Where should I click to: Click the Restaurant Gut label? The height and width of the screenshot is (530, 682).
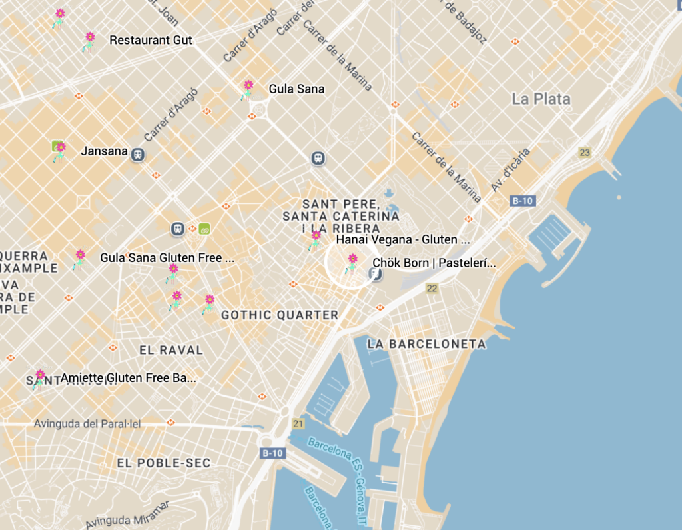coord(151,40)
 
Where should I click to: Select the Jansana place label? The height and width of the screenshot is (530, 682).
coord(104,151)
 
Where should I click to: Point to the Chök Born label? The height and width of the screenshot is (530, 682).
coord(434,263)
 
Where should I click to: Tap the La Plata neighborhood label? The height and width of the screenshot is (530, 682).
coord(541,99)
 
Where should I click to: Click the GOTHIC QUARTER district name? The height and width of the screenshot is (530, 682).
coord(280,315)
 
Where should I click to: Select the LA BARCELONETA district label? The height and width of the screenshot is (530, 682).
coord(426,344)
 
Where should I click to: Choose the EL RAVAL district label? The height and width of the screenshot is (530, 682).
coord(170,349)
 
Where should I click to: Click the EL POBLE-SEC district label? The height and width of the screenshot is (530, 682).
coord(163,463)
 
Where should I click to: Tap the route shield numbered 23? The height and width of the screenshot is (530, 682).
coord(585,153)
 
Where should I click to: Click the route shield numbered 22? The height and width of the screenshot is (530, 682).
coord(432,288)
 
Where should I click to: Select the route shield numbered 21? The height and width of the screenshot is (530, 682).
coord(298,423)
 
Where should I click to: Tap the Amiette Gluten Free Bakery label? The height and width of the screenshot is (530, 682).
coord(128,378)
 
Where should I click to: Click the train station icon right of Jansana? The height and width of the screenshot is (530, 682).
coord(138,154)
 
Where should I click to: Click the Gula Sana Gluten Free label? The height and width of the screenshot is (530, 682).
coord(167,257)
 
